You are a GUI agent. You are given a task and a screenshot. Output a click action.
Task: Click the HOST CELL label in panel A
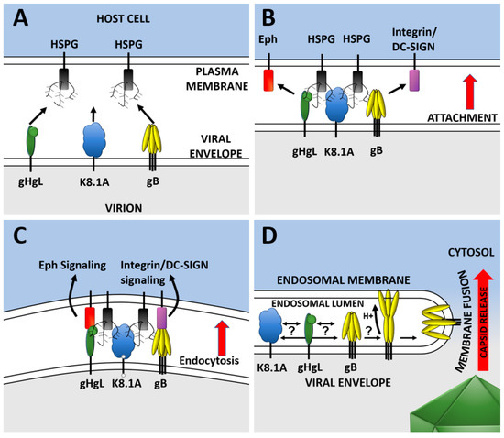click(125, 18)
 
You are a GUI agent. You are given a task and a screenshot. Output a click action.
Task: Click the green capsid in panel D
click(458, 403)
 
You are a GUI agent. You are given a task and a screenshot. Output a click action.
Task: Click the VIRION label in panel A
click(125, 207)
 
